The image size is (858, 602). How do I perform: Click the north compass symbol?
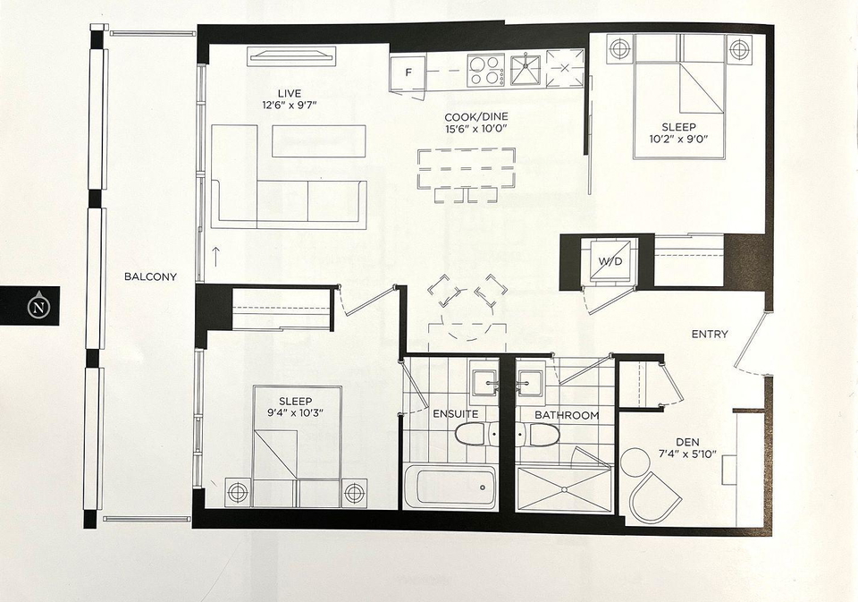pyautogui.click(x=38, y=306)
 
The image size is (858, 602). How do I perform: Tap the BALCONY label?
pyautogui.click(x=150, y=276)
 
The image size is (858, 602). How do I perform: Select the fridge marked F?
pyautogui.click(x=408, y=72)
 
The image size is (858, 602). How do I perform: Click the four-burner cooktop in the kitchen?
pyautogui.click(x=486, y=70)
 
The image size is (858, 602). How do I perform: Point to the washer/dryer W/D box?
pyautogui.click(x=610, y=260)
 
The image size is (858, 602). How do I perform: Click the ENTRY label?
pyautogui.click(x=710, y=335)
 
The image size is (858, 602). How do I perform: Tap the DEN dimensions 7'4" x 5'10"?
pyautogui.click(x=687, y=454)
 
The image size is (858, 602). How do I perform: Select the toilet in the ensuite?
pyautogui.click(x=476, y=433)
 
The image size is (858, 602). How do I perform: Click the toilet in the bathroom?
pyautogui.click(x=538, y=434)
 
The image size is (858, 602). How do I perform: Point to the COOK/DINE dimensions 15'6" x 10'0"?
pyautogui.click(x=476, y=129)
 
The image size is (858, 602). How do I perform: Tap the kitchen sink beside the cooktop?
pyautogui.click(x=526, y=70)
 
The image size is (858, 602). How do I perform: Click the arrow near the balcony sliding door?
pyautogui.click(x=216, y=257)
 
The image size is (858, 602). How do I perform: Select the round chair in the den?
pyautogui.click(x=635, y=462)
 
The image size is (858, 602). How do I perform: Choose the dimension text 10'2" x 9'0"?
pyautogui.click(x=678, y=140)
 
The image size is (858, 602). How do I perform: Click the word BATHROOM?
pyautogui.click(x=567, y=415)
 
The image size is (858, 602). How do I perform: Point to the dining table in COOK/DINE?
pyautogui.click(x=467, y=168)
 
